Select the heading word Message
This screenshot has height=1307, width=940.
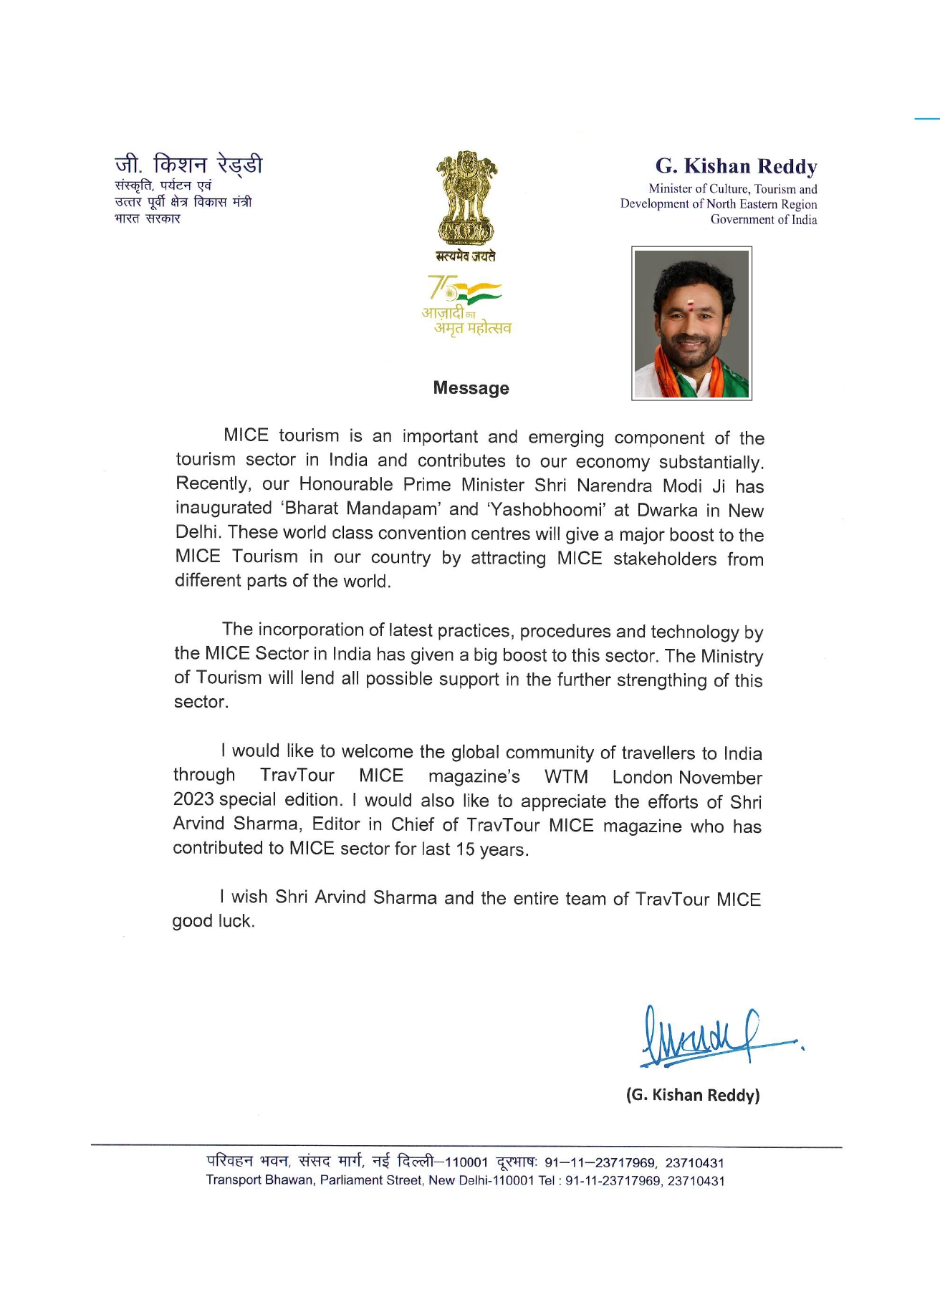[x=471, y=388]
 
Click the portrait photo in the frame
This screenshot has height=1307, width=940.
[x=691, y=323]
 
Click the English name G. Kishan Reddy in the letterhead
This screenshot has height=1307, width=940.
[x=736, y=166]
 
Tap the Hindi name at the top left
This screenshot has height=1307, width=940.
[x=188, y=165]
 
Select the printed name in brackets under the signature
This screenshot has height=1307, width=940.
[x=693, y=1095]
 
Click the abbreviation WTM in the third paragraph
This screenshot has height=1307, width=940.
[x=566, y=777]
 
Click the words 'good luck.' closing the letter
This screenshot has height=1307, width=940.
[x=214, y=921]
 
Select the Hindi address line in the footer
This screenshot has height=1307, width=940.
[x=465, y=1162]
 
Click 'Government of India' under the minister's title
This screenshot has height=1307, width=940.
[x=763, y=220]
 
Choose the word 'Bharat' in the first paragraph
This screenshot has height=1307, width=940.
[x=311, y=508]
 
